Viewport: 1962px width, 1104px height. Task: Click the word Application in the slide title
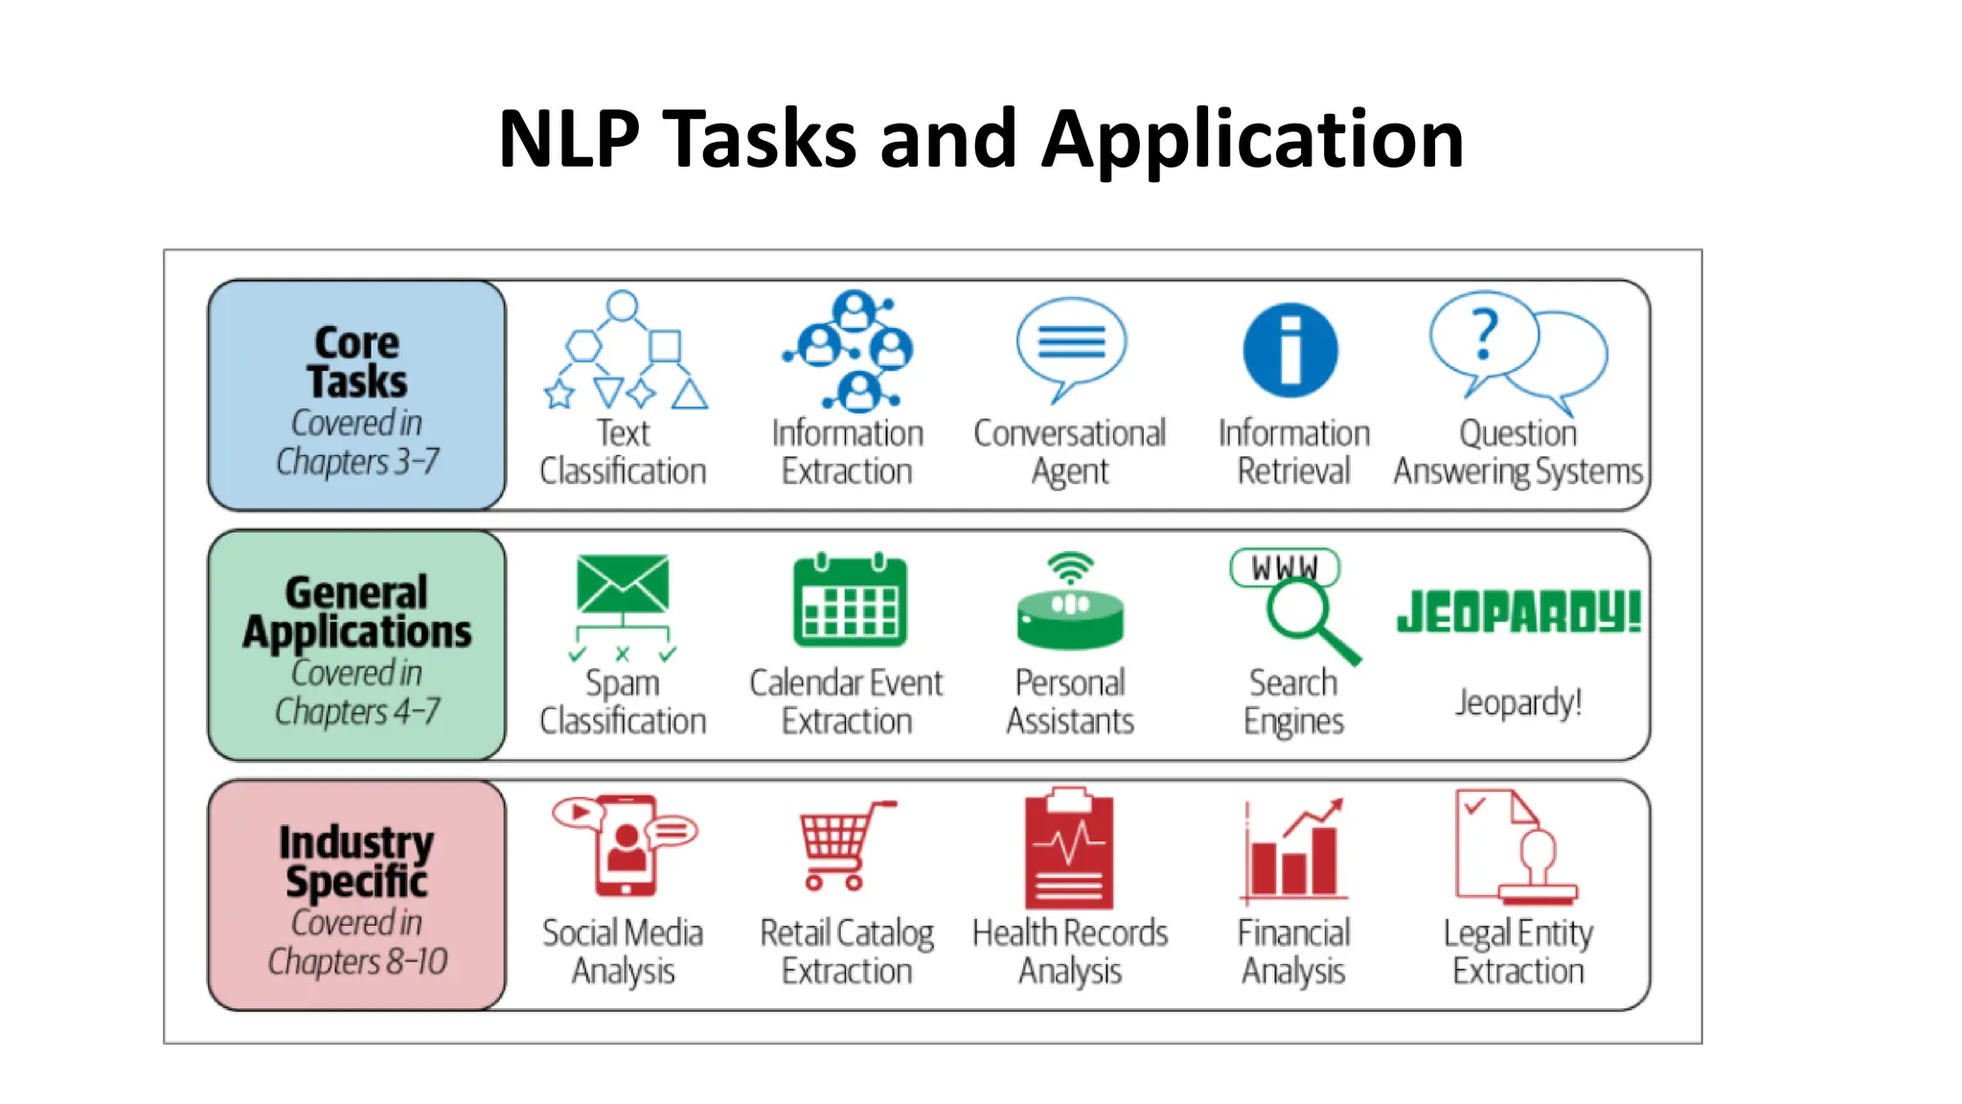click(x=1252, y=139)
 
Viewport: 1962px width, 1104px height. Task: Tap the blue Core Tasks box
click(x=356, y=395)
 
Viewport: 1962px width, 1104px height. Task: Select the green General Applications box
click(x=356, y=645)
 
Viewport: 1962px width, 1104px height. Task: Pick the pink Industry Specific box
click(x=356, y=895)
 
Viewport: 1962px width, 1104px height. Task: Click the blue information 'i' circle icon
click(x=1289, y=351)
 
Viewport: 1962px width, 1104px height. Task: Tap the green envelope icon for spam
click(x=622, y=584)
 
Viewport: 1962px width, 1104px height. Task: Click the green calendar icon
click(x=849, y=601)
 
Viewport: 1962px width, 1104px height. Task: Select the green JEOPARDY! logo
click(x=1517, y=612)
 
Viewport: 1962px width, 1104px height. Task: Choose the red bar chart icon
click(x=1293, y=852)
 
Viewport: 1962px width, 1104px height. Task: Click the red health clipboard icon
click(x=1069, y=849)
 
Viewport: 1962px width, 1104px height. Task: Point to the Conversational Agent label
click(x=1069, y=452)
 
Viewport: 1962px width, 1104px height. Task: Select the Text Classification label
click(x=623, y=452)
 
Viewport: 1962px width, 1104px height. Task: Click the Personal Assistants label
click(x=1069, y=702)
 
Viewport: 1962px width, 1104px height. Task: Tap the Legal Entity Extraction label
click(x=1517, y=952)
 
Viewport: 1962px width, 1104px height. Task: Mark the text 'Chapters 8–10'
click(x=356, y=961)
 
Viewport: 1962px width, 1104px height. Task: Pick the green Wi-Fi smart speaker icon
click(x=1069, y=604)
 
